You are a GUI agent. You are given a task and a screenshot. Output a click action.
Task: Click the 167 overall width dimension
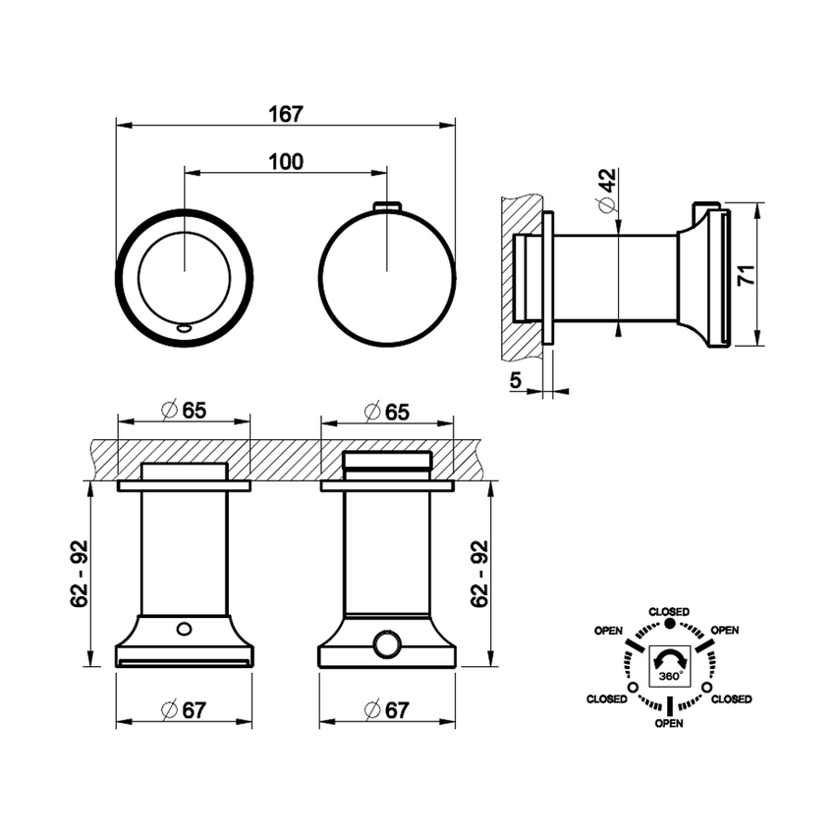[286, 115]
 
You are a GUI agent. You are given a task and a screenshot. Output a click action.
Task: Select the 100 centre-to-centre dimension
[286, 162]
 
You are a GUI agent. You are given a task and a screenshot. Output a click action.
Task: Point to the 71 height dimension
[747, 275]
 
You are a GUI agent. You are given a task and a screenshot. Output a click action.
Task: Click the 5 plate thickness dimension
[516, 380]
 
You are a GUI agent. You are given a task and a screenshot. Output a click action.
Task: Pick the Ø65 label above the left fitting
[183, 410]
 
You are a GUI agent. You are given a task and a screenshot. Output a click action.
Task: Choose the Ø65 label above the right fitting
[387, 412]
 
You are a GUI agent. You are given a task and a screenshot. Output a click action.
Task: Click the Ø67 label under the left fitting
[183, 710]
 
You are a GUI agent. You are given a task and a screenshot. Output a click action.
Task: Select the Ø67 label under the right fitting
[387, 710]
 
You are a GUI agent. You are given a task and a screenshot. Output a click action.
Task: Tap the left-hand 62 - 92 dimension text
[79, 574]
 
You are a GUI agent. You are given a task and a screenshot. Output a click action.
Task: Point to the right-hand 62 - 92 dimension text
[479, 574]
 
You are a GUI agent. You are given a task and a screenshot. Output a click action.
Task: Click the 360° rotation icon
[670, 665]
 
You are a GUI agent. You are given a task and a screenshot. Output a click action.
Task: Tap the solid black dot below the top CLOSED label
[670, 624]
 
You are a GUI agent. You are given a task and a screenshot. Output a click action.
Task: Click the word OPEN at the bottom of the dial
[669, 723]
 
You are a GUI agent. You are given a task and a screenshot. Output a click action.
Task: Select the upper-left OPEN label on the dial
[608, 631]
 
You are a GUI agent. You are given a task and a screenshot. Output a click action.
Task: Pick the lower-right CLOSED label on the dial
[731, 698]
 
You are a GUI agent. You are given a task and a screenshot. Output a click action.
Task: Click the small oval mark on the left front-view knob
[185, 328]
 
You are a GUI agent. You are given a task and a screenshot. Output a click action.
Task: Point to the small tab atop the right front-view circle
[387, 206]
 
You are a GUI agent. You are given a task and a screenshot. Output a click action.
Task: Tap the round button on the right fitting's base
[387, 643]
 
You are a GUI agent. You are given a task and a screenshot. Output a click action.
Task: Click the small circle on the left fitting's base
[185, 629]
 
